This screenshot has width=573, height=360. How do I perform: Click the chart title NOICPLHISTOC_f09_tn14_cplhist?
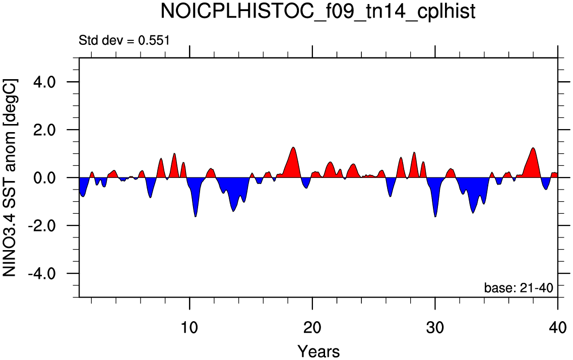point(318,12)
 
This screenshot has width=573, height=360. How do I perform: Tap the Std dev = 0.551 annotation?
point(124,40)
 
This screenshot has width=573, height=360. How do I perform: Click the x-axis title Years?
point(319,351)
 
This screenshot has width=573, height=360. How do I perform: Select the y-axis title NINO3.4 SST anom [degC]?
point(10,177)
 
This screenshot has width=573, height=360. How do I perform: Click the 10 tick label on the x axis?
point(189,327)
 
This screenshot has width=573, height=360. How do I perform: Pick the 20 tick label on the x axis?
point(312,327)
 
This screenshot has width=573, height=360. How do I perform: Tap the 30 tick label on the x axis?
point(435,327)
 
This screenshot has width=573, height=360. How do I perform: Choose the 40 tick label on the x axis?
point(557,327)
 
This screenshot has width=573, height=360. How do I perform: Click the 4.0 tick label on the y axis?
point(44,82)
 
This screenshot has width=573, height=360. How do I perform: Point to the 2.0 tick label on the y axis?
point(44,130)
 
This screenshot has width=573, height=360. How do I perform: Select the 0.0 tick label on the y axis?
point(44,177)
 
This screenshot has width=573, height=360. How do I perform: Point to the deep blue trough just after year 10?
point(196,199)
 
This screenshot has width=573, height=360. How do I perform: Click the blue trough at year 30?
point(435,199)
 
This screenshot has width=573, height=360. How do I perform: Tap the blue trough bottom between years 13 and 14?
point(233,197)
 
